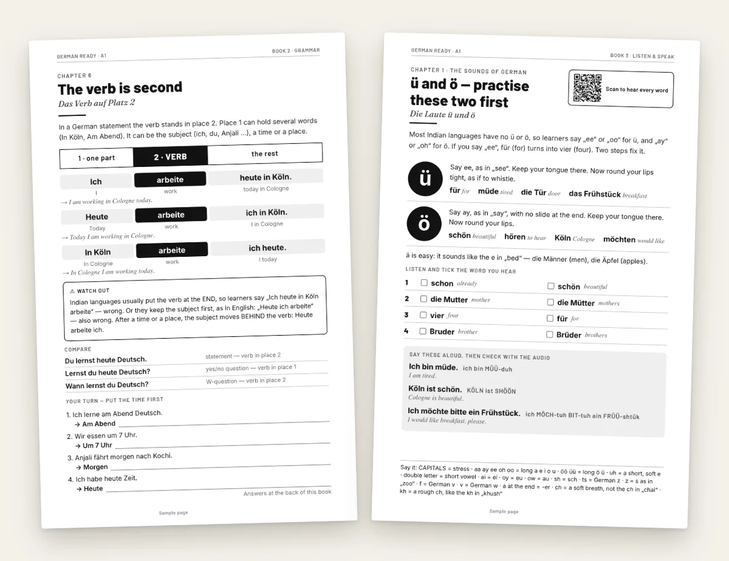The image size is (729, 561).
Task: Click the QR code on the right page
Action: coord(587,88)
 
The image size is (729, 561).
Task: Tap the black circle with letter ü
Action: coord(425,178)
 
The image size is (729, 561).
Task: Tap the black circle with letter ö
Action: coord(424,223)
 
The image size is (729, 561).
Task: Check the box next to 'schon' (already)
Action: coord(424,283)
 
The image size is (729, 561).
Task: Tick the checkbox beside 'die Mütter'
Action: coord(550,302)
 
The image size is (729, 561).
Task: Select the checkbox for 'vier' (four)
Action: coord(423,315)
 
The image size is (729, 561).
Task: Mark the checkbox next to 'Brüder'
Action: coord(550,335)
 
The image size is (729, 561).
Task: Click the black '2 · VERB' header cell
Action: coord(171,157)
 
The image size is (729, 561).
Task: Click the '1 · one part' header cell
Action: coord(97,158)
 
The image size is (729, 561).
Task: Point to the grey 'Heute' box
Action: coord(97,217)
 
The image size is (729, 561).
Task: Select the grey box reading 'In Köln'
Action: coord(98,252)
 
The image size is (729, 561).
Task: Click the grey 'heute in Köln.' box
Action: coord(265,177)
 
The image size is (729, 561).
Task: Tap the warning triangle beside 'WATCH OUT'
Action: coord(72,291)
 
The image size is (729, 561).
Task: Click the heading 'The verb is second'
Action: coord(120,88)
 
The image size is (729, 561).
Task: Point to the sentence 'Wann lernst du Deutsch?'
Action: coord(107,385)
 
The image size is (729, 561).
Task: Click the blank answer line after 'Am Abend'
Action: coord(224,423)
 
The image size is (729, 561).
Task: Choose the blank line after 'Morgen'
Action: coord(221,466)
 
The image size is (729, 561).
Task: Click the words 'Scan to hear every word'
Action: coord(637,90)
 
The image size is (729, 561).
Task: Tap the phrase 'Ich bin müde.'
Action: coord(433,367)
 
